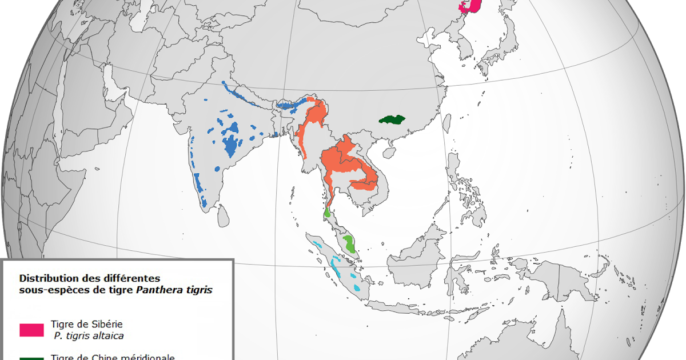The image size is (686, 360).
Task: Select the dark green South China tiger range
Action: (392, 120)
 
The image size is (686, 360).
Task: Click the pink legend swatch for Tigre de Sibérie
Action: (31, 330)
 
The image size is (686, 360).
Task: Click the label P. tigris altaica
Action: (89, 335)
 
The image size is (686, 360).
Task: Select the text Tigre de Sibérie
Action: (86, 324)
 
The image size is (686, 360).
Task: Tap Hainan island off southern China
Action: (389, 153)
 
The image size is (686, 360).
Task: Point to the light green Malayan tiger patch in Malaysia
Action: (349, 244)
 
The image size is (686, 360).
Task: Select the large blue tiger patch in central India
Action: (232, 145)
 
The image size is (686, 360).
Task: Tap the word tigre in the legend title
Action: (119, 290)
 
